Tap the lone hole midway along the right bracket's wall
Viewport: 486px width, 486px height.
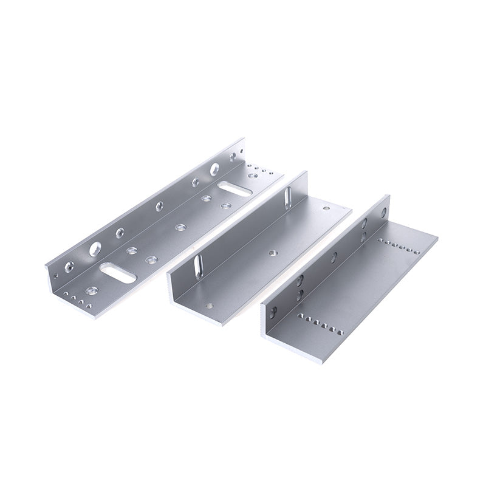tap(334, 255)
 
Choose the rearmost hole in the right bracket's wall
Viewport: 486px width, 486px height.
tap(383, 211)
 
